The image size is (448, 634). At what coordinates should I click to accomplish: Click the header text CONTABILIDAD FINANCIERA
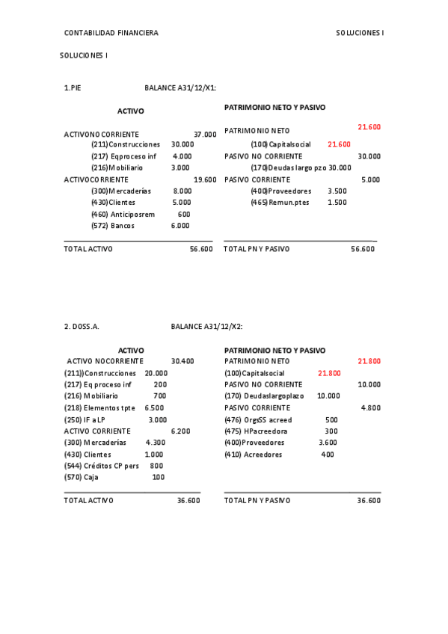coord(111,33)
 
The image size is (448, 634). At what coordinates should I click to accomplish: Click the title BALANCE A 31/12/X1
coord(180,87)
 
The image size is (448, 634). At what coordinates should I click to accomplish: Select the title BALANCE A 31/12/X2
coord(206,326)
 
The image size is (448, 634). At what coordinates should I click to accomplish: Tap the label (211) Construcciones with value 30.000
coord(126,144)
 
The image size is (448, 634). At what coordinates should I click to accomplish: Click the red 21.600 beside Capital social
coord(339,144)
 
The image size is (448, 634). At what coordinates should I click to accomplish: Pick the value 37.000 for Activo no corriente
coord(205,135)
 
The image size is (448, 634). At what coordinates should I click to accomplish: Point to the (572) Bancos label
coord(113,226)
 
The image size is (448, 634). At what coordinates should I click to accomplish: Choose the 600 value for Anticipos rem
coord(184,215)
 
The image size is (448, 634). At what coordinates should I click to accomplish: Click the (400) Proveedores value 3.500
coord(337,191)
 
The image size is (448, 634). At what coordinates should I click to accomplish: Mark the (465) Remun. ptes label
coord(280,203)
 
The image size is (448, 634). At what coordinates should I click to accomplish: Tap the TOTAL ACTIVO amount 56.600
coord(201,249)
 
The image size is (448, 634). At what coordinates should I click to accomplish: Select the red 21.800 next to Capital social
coord(329,373)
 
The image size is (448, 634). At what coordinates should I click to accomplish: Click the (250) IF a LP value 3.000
coord(158,420)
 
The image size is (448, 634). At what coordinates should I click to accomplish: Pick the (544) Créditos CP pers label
coord(102,466)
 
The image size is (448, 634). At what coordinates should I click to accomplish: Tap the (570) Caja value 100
coord(158,477)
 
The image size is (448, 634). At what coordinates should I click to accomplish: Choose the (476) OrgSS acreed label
coord(258,420)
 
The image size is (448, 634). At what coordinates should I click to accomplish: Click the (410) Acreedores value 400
coord(328,455)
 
